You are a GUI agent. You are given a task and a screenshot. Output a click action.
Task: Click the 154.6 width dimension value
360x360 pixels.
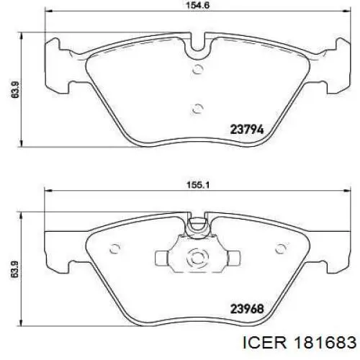tap(198, 5)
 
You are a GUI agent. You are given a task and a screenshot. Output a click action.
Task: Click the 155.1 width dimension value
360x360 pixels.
tap(198, 185)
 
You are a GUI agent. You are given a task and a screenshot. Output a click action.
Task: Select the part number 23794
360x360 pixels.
tap(247, 130)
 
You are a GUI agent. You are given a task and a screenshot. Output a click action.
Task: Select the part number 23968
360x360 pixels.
tap(247, 309)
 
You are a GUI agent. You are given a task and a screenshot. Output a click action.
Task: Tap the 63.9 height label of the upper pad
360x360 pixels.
tap(15, 89)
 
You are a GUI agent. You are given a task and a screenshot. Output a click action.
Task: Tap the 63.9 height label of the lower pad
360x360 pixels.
tap(15, 269)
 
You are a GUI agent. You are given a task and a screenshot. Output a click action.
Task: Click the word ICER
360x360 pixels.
tap(264, 342)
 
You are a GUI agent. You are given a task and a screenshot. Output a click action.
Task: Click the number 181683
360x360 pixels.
tap(325, 342)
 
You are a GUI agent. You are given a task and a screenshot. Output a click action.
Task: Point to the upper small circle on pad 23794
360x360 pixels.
tap(198, 69)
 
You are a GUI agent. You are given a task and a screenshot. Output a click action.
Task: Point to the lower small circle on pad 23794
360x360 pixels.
tap(198, 109)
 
